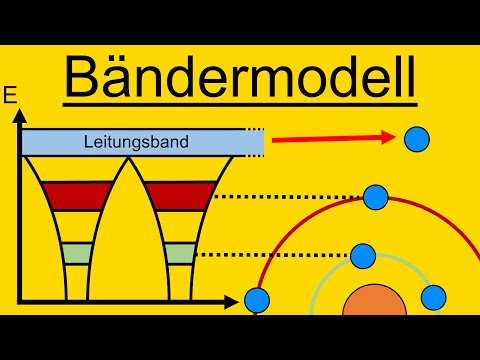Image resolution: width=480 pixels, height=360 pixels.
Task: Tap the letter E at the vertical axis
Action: coord(12,97)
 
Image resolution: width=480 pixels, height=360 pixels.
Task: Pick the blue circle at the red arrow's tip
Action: coord(417,139)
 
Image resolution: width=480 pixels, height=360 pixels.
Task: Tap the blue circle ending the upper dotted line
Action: coord(376,197)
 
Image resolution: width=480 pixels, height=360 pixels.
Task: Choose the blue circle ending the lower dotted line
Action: coord(364,255)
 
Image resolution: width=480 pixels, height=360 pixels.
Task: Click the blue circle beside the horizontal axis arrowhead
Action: coord(258,299)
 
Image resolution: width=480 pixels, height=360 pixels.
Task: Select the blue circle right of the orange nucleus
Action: coord(433,296)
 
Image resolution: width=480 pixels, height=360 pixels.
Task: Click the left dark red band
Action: coord(67,194)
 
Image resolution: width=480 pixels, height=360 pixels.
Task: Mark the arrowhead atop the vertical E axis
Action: coord(18,118)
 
